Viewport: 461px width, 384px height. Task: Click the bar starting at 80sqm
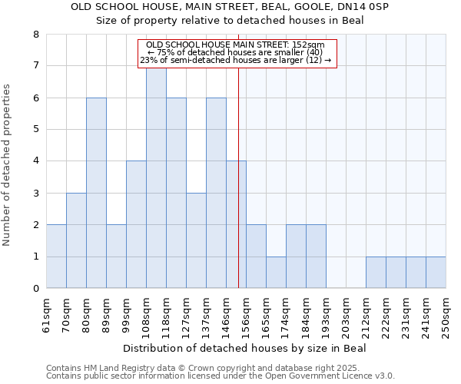[x=96, y=193]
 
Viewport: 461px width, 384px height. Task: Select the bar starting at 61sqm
[x=56, y=257]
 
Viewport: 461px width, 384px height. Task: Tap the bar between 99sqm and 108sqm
[x=136, y=224]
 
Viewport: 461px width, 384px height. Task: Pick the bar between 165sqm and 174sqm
[x=276, y=273]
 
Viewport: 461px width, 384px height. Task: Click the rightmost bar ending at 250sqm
[x=436, y=273]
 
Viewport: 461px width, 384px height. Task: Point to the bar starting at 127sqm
[x=196, y=240]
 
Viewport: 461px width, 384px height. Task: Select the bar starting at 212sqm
[x=376, y=273]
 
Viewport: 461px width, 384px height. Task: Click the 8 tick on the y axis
[x=36, y=35]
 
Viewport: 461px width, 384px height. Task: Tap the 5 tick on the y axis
[x=36, y=130]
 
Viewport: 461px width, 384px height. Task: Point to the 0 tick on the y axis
[x=36, y=289]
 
